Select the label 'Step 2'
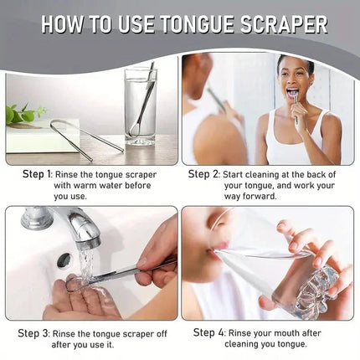tap(203, 174)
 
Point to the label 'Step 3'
tap(38, 333)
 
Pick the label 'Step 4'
tap(210, 332)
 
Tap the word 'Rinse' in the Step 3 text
tap(80, 333)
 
